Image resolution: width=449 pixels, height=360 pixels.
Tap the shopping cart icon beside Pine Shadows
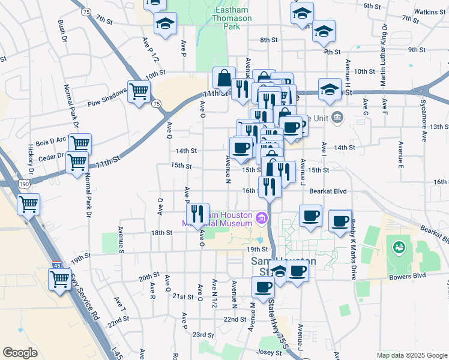[x=139, y=92]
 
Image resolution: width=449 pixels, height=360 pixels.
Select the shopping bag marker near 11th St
[x=224, y=77]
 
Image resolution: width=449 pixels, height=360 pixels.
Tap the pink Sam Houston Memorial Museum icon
[x=261, y=218]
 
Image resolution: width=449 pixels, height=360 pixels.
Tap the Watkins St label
[x=429, y=11]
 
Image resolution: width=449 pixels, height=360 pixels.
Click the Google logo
[x=20, y=352]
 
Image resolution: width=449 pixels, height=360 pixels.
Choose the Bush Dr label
[x=61, y=34]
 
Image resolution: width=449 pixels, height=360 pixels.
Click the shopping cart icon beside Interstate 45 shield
[x=60, y=279]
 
